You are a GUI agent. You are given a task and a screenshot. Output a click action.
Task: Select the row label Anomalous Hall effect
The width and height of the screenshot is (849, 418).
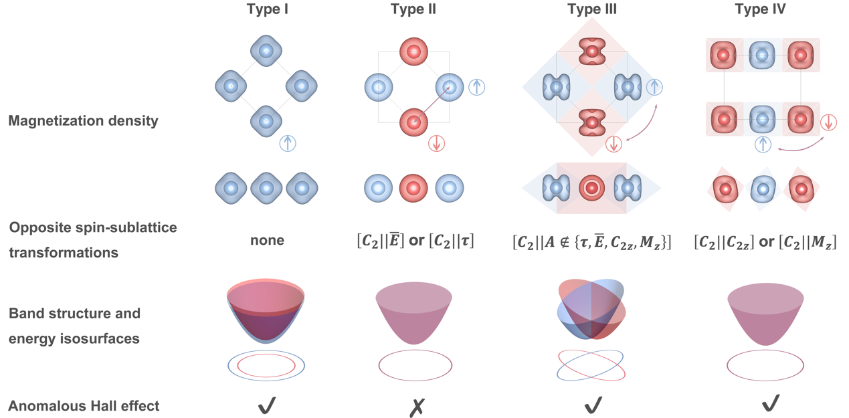pyautogui.click(x=84, y=405)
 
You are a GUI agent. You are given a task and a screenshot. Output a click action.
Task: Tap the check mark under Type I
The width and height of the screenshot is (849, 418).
pyautogui.click(x=267, y=405)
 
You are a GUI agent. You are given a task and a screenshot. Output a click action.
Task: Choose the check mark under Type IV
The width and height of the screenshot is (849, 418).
pyautogui.click(x=771, y=403)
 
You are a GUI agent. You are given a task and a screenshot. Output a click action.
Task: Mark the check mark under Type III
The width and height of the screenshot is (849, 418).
pyautogui.click(x=593, y=405)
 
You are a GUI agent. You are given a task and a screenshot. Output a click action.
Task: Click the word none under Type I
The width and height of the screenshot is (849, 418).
pyautogui.click(x=267, y=240)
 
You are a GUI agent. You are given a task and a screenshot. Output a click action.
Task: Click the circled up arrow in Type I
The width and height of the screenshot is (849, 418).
pyautogui.click(x=288, y=142)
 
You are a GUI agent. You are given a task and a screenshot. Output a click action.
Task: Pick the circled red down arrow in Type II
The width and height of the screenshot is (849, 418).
pyautogui.click(x=436, y=143)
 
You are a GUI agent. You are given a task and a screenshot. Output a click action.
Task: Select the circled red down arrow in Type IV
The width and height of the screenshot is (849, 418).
pyautogui.click(x=828, y=122)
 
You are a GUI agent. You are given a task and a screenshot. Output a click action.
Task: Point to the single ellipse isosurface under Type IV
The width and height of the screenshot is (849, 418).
pyautogui.click(x=765, y=365)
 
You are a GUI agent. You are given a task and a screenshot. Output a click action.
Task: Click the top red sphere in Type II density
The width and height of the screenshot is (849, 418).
pyautogui.click(x=413, y=51)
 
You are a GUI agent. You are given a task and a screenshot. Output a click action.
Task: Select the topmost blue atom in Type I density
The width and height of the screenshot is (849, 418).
pyautogui.click(x=266, y=51)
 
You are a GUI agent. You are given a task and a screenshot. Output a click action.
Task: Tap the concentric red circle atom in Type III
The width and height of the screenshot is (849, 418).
pyautogui.click(x=591, y=189)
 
